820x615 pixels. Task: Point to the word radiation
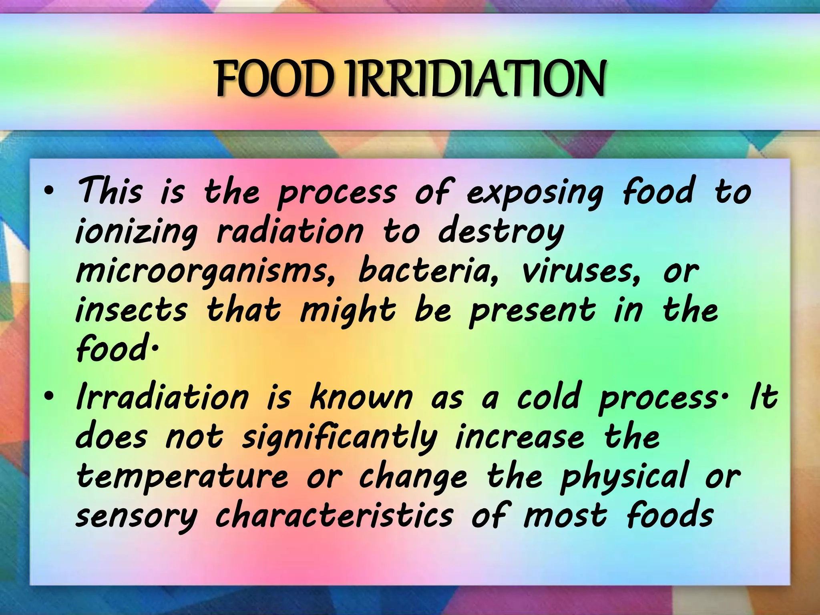point(290,232)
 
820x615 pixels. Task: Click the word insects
point(131,311)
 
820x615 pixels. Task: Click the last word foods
point(669,516)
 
